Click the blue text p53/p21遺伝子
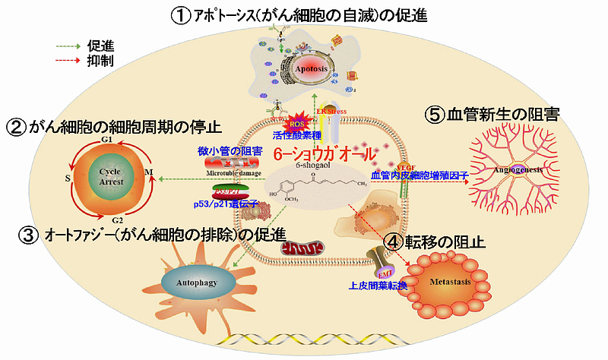(223, 204)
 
